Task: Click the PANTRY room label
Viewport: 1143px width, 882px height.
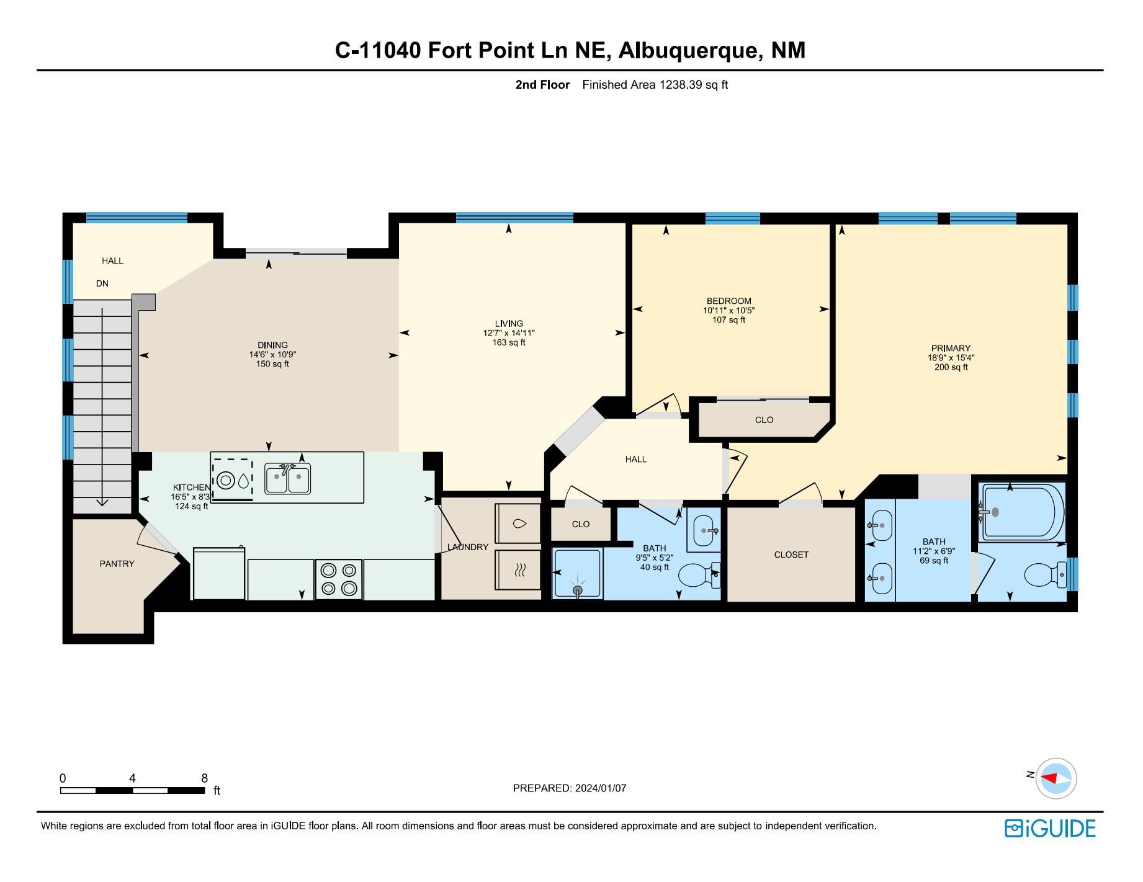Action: (x=117, y=564)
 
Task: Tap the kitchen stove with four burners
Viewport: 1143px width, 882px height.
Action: (x=338, y=579)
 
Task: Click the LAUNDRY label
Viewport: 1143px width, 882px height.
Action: (x=468, y=547)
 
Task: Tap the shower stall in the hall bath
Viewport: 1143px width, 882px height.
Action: (x=577, y=574)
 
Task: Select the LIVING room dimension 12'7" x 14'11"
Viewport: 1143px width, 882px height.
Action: (x=509, y=333)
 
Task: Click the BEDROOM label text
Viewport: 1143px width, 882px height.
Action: (x=728, y=301)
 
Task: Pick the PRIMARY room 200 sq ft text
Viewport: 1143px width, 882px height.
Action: (x=951, y=367)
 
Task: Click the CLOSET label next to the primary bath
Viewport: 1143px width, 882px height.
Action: (x=791, y=555)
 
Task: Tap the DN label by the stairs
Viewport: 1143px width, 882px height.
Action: (x=102, y=283)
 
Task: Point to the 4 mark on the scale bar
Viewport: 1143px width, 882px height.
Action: (x=132, y=778)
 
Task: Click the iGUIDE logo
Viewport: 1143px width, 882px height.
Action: (x=1050, y=829)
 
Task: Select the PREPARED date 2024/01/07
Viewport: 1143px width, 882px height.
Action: (x=600, y=788)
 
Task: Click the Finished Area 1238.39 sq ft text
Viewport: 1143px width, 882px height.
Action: (x=655, y=85)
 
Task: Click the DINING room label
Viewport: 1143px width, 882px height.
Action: (x=272, y=345)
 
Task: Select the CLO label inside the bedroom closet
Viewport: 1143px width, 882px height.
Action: (x=764, y=420)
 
